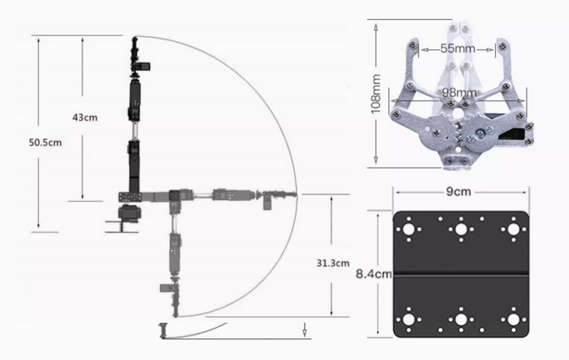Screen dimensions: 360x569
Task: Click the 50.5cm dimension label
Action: pyautogui.click(x=45, y=142)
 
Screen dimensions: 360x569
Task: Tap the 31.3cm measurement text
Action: pyautogui.click(x=332, y=263)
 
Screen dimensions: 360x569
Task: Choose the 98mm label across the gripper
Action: pyautogui.click(x=460, y=93)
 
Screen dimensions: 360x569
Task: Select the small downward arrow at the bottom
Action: pyautogui.click(x=305, y=330)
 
